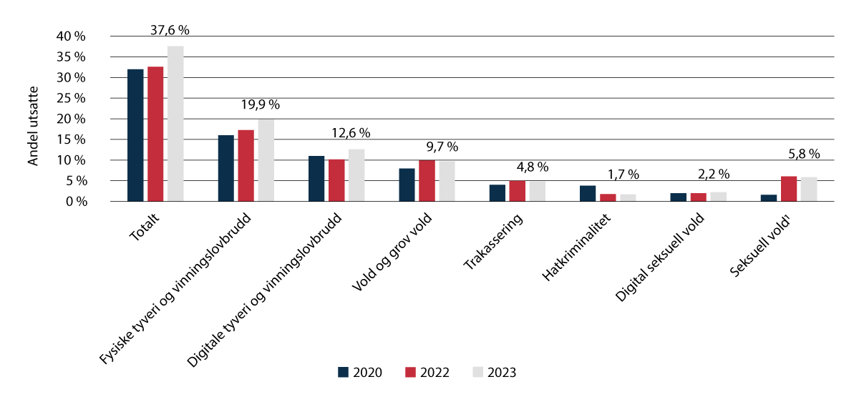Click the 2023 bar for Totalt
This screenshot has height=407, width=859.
pos(175,124)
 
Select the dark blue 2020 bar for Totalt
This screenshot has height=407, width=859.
pos(135,135)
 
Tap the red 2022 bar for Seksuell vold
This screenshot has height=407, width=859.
pos(788,189)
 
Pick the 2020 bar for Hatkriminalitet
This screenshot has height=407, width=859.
pos(588,194)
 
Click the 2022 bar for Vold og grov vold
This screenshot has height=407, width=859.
pos(426,181)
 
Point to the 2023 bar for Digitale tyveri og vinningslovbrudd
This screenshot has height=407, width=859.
pos(356,175)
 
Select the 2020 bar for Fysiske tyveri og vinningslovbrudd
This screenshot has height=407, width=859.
pos(225,168)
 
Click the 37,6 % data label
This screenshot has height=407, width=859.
pos(170,30)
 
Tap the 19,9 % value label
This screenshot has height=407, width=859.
pos(261,104)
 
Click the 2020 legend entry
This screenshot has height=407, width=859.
pos(360,373)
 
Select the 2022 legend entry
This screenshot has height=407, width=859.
pos(427,373)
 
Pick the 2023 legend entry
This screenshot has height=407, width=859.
pos(495,373)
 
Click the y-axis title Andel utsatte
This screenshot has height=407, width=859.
pos(33,126)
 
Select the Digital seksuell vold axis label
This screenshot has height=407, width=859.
pos(661,257)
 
